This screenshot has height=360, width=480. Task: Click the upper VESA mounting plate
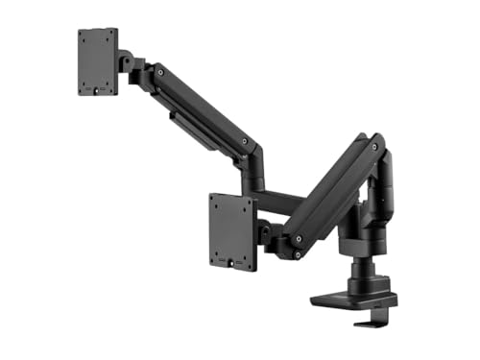(x=98, y=61)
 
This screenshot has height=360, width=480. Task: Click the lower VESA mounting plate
(x=230, y=230)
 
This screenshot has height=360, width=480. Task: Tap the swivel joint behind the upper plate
(x=129, y=62)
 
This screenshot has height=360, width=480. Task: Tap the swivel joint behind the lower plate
(x=265, y=233)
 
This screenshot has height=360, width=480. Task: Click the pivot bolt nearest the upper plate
(x=158, y=74)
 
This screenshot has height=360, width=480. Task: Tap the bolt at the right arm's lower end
(x=299, y=237)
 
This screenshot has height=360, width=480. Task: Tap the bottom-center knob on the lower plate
(x=230, y=260)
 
